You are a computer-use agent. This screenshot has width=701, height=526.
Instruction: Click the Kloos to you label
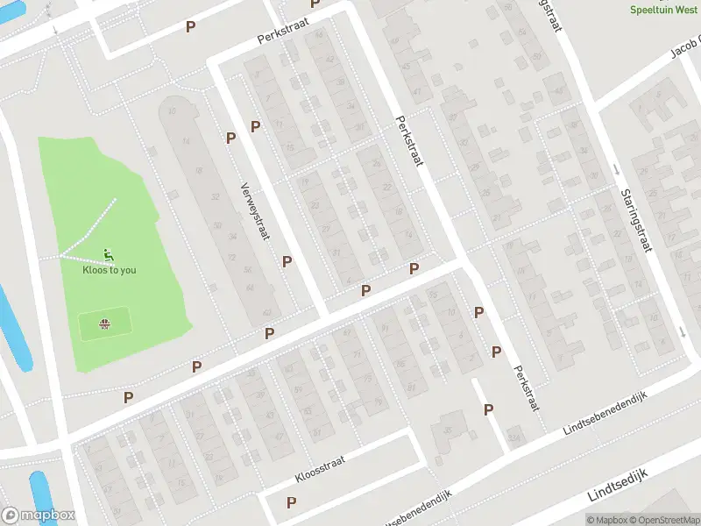point(110,270)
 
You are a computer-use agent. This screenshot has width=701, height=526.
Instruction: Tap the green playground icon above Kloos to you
point(108,255)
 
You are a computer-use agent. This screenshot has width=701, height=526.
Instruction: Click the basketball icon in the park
point(105,324)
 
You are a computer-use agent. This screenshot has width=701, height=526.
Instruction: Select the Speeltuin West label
point(664,10)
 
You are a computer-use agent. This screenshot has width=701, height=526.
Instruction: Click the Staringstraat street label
point(634,221)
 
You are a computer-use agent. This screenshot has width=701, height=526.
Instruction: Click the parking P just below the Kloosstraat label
point(291,502)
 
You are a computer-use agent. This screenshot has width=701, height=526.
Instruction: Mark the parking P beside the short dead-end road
point(488,409)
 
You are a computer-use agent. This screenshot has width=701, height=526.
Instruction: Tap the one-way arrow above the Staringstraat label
point(616,169)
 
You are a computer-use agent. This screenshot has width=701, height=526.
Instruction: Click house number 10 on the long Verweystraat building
point(172,111)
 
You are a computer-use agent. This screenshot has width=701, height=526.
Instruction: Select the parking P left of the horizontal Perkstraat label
point(190,26)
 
